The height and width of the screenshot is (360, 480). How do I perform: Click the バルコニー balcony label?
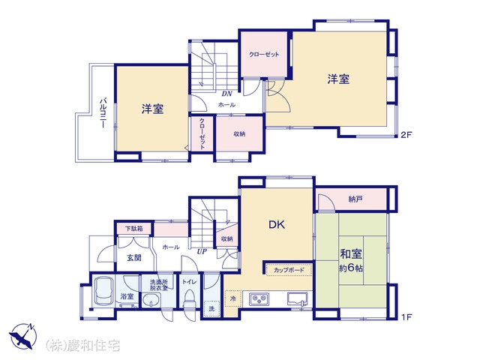point(103,112)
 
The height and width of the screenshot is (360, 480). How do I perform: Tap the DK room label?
point(277,225)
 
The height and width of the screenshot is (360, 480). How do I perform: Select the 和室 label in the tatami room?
point(351,253)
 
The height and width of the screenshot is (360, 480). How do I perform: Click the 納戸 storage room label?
point(355,199)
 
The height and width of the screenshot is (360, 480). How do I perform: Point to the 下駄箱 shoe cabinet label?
point(134,229)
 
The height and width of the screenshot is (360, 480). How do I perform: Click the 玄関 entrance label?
point(134,258)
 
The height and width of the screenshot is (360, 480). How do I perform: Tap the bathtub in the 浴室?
point(103,291)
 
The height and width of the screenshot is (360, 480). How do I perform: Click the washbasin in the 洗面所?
point(151,300)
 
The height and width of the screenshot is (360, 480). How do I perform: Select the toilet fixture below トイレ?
point(188,300)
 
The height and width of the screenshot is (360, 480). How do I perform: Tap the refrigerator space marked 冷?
point(233,298)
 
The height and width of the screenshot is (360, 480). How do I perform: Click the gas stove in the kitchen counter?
point(259,299)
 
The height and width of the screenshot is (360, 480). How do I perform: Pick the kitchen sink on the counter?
point(297,298)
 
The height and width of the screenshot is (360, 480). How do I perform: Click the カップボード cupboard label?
point(289,270)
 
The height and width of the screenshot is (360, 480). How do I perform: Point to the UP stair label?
point(202,252)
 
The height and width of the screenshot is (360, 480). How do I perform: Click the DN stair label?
point(226,94)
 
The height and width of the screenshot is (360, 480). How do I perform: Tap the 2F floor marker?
point(406,135)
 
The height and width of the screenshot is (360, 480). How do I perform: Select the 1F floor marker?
point(406,316)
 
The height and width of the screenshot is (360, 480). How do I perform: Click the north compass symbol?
point(22,335)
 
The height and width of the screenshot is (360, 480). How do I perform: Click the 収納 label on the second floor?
point(239,133)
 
